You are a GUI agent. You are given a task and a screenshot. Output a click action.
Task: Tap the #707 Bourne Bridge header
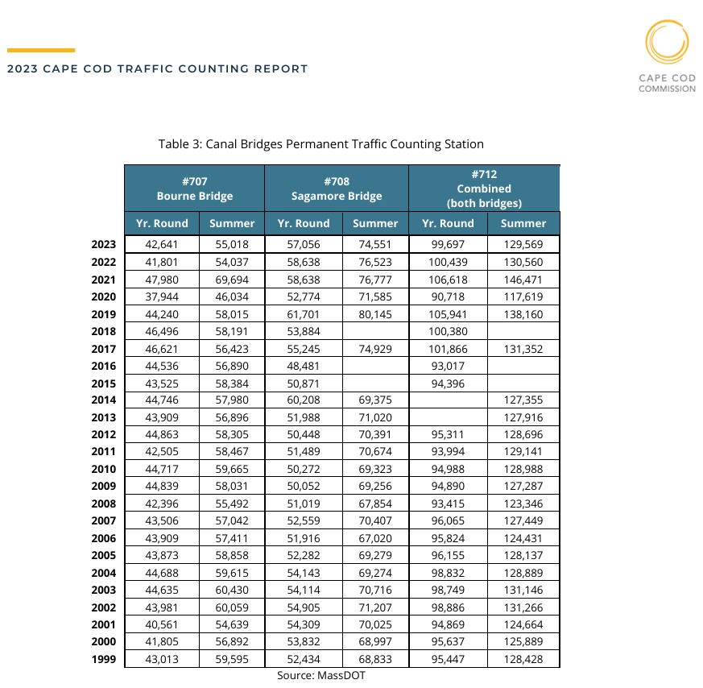(194, 189)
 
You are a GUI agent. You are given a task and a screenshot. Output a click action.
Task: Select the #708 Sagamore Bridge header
(337, 189)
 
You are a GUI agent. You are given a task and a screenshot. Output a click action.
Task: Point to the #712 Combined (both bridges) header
(484, 189)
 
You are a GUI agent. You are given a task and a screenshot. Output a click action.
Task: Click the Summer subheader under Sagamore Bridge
(375, 223)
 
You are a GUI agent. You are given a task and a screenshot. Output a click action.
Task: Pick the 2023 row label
(105, 245)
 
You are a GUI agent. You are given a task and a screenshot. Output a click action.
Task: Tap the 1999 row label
(105, 659)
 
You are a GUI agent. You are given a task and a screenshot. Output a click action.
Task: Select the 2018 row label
(105, 331)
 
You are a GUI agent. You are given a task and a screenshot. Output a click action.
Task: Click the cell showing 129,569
(523, 245)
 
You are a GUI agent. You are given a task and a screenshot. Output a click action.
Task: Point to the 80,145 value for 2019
(375, 314)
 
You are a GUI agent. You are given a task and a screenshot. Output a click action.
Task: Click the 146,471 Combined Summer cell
(523, 280)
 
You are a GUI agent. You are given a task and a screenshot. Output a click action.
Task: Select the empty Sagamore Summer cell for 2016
(375, 366)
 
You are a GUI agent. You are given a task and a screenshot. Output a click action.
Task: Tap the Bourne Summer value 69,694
(231, 280)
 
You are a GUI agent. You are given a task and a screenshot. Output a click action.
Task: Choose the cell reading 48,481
(303, 366)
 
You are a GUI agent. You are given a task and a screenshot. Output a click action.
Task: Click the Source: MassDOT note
(321, 675)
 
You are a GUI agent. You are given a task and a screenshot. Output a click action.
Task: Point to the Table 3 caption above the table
(320, 144)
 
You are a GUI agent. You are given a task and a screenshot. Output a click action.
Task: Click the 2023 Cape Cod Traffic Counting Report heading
(158, 69)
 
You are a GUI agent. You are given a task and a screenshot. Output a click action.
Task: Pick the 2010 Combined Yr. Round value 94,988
(448, 469)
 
